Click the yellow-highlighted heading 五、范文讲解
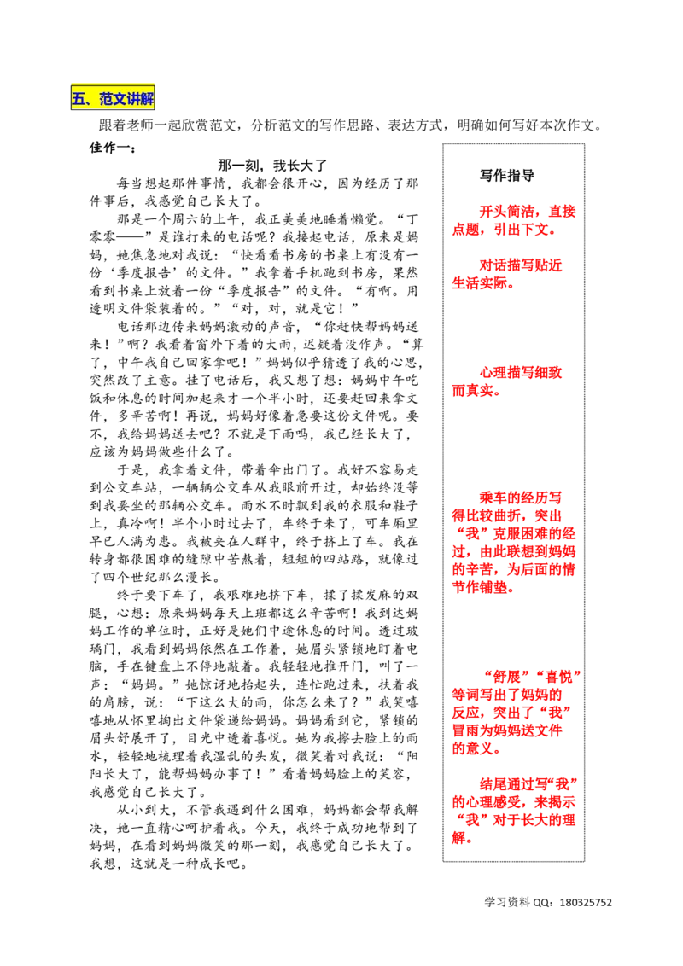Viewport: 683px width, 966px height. click(x=113, y=98)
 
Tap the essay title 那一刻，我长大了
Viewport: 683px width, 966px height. click(x=272, y=165)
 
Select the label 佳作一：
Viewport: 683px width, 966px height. click(x=113, y=148)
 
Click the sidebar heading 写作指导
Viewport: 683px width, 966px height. click(x=507, y=176)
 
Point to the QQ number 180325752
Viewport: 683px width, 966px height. click(x=586, y=903)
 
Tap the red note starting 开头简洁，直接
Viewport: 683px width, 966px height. click(x=514, y=220)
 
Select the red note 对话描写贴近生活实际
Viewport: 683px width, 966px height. click(x=507, y=274)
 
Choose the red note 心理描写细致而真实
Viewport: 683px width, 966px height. click(x=507, y=381)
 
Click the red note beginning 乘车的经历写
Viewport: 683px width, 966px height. click(x=514, y=542)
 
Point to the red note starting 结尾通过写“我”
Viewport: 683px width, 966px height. click(x=515, y=811)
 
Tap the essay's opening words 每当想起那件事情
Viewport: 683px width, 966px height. click(x=172, y=183)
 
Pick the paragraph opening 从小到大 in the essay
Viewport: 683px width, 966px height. click(x=254, y=836)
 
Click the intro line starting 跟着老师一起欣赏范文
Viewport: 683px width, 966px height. click(x=351, y=125)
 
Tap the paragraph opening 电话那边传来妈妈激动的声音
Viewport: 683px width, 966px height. click(x=254, y=389)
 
